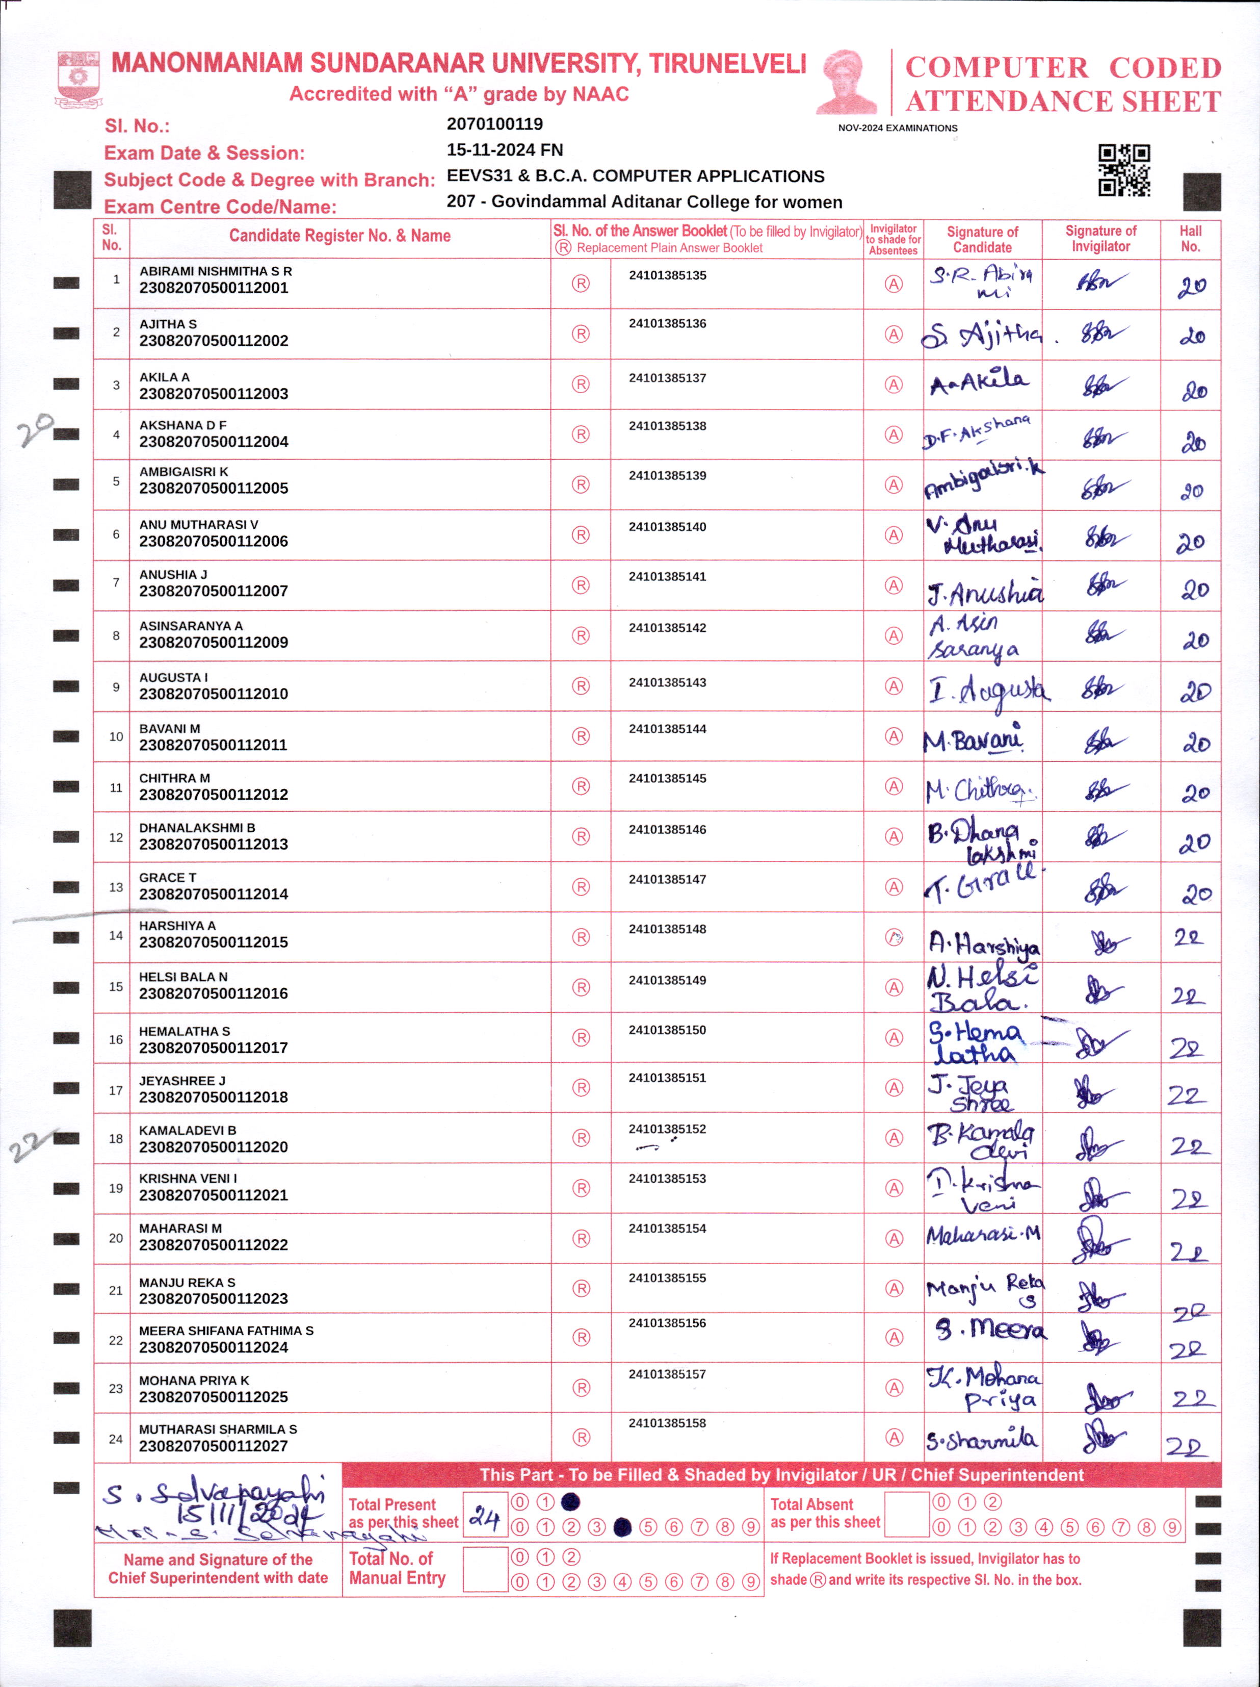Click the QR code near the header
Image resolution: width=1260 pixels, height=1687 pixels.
point(1123,170)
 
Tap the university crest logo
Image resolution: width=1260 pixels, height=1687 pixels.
point(78,79)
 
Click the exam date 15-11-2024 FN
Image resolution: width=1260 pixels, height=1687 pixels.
point(504,150)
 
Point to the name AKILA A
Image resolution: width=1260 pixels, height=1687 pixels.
point(164,377)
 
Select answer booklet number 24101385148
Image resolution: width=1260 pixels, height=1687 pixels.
point(667,929)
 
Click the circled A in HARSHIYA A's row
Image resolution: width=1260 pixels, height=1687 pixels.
point(894,937)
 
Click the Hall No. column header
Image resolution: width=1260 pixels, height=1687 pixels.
point(1190,239)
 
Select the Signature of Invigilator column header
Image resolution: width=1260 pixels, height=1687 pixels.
point(1100,239)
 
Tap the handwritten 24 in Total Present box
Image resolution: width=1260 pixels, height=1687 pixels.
point(485,1517)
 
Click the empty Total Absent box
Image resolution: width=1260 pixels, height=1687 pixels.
point(906,1515)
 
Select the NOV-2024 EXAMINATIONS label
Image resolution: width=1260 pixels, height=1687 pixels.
point(897,128)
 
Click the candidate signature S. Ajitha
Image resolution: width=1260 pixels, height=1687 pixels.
point(981,334)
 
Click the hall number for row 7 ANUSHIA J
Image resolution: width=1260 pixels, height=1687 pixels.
point(1194,590)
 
